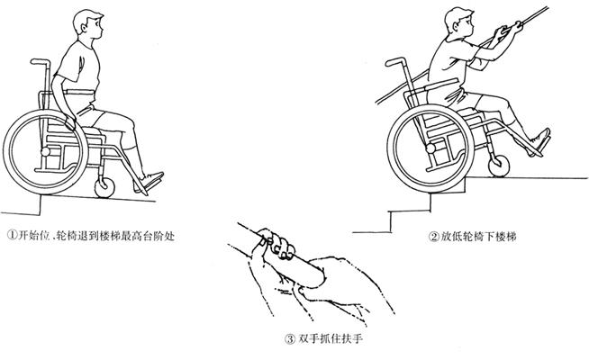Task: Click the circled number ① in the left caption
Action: pos(13,236)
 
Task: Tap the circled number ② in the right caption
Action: pos(434,237)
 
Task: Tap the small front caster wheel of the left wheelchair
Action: pos(104,187)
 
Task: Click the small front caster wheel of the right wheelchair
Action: pos(499,166)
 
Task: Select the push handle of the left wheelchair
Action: pos(40,61)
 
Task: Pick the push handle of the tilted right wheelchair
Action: pos(395,61)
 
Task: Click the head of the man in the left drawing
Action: pos(88,24)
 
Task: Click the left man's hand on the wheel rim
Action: pos(70,122)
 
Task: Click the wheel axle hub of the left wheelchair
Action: pos(45,152)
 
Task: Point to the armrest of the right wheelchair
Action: pos(440,85)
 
